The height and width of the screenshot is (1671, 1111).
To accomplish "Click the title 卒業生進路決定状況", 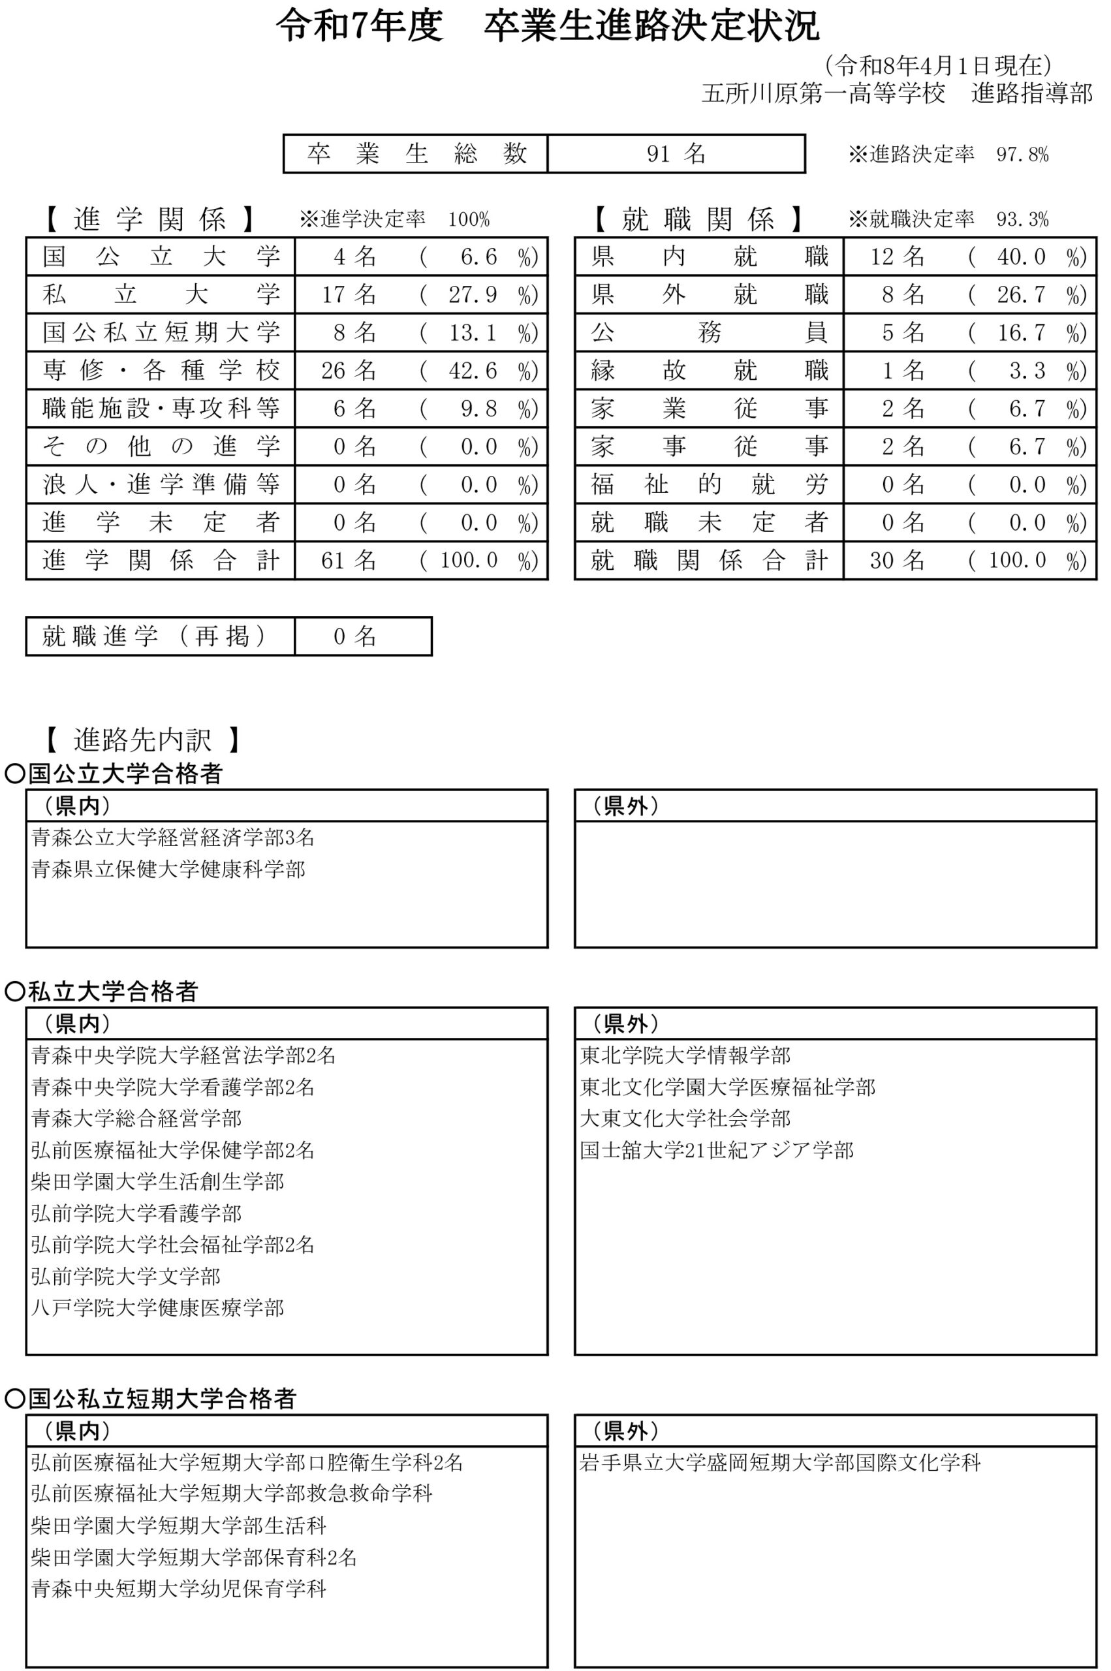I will (x=651, y=27).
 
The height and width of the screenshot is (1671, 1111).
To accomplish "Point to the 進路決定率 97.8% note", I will (x=948, y=155).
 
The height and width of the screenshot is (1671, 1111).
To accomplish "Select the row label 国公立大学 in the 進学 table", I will (x=160, y=257).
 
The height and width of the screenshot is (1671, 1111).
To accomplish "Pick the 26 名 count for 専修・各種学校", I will (x=348, y=371).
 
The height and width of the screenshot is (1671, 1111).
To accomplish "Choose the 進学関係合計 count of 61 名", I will (x=348, y=561).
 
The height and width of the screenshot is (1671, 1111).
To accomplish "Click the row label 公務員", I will (x=708, y=332).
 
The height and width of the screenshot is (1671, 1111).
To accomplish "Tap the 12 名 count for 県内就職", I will (x=897, y=257).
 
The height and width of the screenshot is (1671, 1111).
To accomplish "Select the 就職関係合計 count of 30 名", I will (x=897, y=561).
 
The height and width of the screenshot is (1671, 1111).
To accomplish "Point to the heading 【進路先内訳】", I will (x=142, y=740).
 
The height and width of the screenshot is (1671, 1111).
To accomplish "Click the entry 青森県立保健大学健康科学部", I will (x=168, y=869).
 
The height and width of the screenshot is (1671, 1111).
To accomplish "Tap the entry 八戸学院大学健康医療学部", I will (x=157, y=1307).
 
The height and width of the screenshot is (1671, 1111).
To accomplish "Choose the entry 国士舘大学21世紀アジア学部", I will (x=716, y=1149).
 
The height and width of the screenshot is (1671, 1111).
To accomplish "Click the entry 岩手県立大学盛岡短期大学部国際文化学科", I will (x=779, y=1463).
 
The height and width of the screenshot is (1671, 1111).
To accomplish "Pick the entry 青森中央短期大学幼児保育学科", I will (x=179, y=1589).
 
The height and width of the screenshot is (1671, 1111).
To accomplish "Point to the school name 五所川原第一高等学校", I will (x=823, y=93).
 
